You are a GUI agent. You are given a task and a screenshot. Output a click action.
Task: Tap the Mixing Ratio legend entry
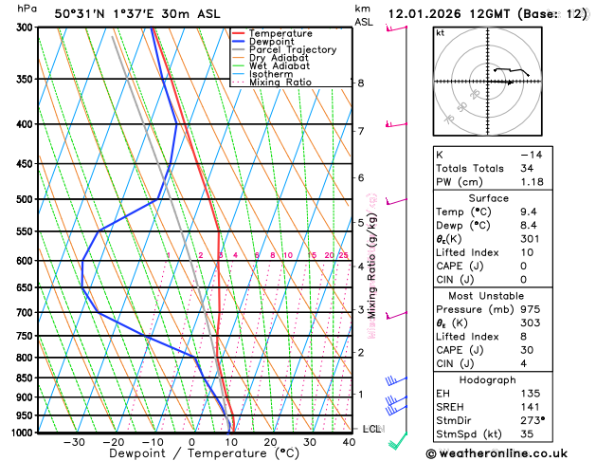pos(280,83)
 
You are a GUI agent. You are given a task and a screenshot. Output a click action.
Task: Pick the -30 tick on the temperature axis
pos(74,441)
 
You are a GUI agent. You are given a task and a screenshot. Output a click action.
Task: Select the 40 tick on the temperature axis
pos(350,441)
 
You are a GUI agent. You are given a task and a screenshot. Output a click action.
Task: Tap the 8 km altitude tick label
pos(360,83)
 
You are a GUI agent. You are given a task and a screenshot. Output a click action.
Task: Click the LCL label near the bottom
pos(371,429)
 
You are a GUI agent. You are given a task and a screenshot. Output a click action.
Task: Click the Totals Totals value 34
pos(530,168)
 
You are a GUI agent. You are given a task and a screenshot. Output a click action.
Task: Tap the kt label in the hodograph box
pos(440,32)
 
